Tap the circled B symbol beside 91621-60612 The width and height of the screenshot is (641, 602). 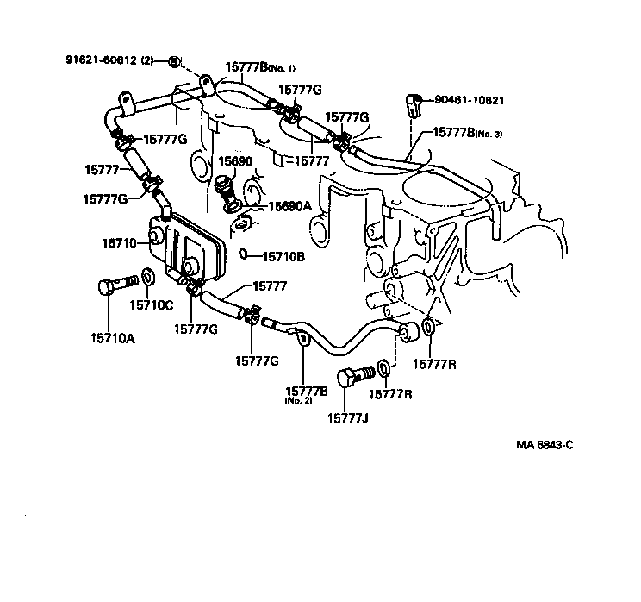coord(173,61)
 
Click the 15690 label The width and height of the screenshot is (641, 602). coord(233,161)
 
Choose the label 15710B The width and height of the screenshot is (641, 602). coord(283,255)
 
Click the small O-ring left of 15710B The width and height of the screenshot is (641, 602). coord(245,254)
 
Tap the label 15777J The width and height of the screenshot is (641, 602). coord(347,418)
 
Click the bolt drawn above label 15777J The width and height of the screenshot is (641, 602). coord(356,375)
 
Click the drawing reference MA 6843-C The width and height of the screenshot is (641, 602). coord(545,445)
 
